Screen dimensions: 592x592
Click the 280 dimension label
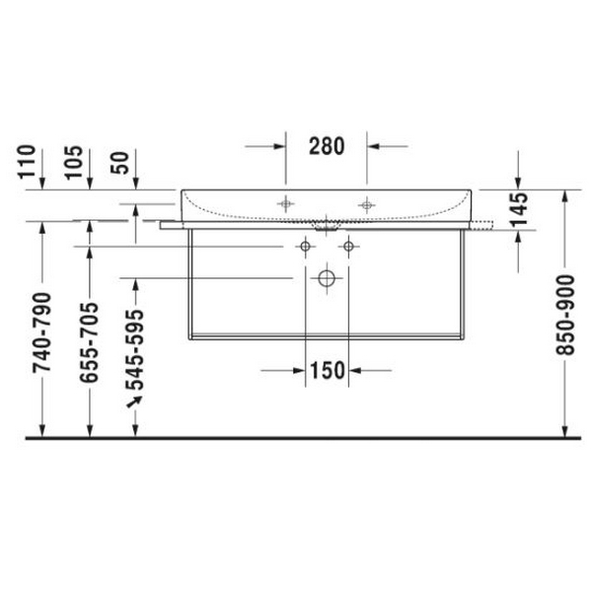327,146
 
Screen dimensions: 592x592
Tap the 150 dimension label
328,370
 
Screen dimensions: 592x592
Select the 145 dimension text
518,209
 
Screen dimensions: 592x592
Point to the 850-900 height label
565,316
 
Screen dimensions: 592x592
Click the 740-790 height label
41,333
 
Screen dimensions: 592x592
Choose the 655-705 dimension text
89,342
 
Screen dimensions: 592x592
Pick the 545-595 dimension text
135,349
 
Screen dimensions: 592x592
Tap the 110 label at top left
28,162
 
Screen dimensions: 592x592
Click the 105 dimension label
74,162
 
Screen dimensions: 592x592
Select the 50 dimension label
119,163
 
